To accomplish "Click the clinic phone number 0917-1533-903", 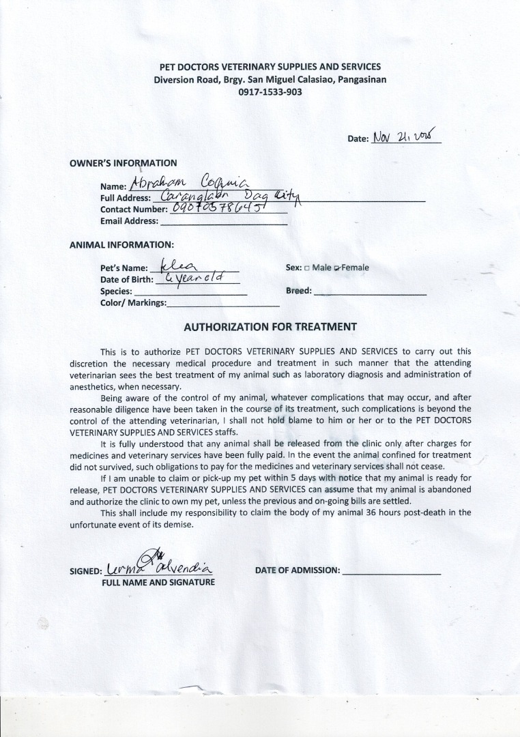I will click(270, 91).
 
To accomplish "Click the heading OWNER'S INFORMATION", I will click(124, 163).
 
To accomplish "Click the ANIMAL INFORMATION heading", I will click(121, 244).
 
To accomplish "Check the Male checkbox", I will click(307, 268).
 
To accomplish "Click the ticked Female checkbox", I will click(337, 268).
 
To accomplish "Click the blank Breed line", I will click(370, 292).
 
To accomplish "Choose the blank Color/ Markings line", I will click(222, 304).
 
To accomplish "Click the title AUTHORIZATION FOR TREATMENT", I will click(270, 326).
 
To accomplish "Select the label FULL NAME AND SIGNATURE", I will click(158, 583).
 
